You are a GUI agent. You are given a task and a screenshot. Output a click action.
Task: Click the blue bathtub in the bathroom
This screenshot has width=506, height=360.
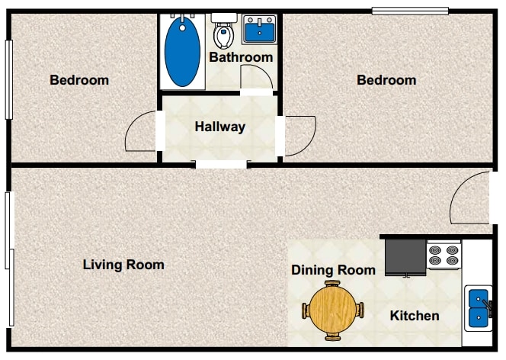(x=183, y=52)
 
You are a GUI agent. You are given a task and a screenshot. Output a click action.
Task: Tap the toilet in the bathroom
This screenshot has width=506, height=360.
(x=223, y=33)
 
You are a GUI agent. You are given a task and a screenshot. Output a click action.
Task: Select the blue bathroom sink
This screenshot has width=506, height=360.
(x=260, y=31)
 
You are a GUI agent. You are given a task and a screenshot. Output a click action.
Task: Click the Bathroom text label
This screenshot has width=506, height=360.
(x=241, y=57)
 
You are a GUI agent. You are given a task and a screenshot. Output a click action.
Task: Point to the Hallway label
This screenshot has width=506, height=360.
(x=219, y=127)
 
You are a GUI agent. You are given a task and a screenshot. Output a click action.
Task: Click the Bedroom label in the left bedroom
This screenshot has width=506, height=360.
(x=79, y=80)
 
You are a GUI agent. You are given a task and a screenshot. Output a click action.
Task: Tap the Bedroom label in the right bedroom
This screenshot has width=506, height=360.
(x=386, y=80)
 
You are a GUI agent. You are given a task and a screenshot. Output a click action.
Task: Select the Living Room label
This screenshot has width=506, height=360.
(x=123, y=265)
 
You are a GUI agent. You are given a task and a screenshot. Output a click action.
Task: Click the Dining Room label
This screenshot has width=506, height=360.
(x=333, y=270)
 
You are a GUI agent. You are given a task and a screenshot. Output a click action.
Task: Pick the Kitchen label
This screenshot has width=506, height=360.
(x=415, y=316)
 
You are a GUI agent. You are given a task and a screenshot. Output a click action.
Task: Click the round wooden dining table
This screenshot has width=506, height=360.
(x=333, y=310)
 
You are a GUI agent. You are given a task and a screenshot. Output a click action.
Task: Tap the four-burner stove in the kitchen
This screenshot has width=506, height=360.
(x=444, y=256)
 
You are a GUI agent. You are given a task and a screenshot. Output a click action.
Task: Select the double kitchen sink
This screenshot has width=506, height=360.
(x=478, y=307)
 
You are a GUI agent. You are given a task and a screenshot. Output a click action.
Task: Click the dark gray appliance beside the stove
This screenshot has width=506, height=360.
(x=405, y=257)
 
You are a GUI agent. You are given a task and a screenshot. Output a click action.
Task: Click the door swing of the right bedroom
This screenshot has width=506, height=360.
(x=299, y=135)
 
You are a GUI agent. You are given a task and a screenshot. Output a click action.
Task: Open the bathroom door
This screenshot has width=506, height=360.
(x=256, y=78)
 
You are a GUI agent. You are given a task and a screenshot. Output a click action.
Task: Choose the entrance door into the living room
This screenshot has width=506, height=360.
(x=469, y=200)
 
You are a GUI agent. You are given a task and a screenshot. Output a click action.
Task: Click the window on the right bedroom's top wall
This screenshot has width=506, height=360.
(x=409, y=10)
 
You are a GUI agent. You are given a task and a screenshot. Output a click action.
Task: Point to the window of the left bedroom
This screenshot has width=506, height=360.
(x=9, y=79)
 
